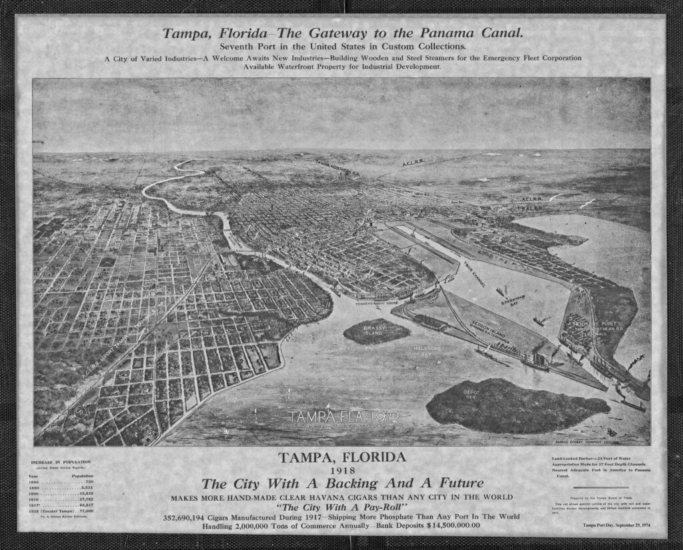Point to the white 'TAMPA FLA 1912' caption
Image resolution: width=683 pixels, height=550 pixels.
point(344,417)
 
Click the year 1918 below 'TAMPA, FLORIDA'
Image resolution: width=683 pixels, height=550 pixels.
point(341,470)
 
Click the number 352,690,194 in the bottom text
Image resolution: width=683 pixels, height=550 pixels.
point(193,517)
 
